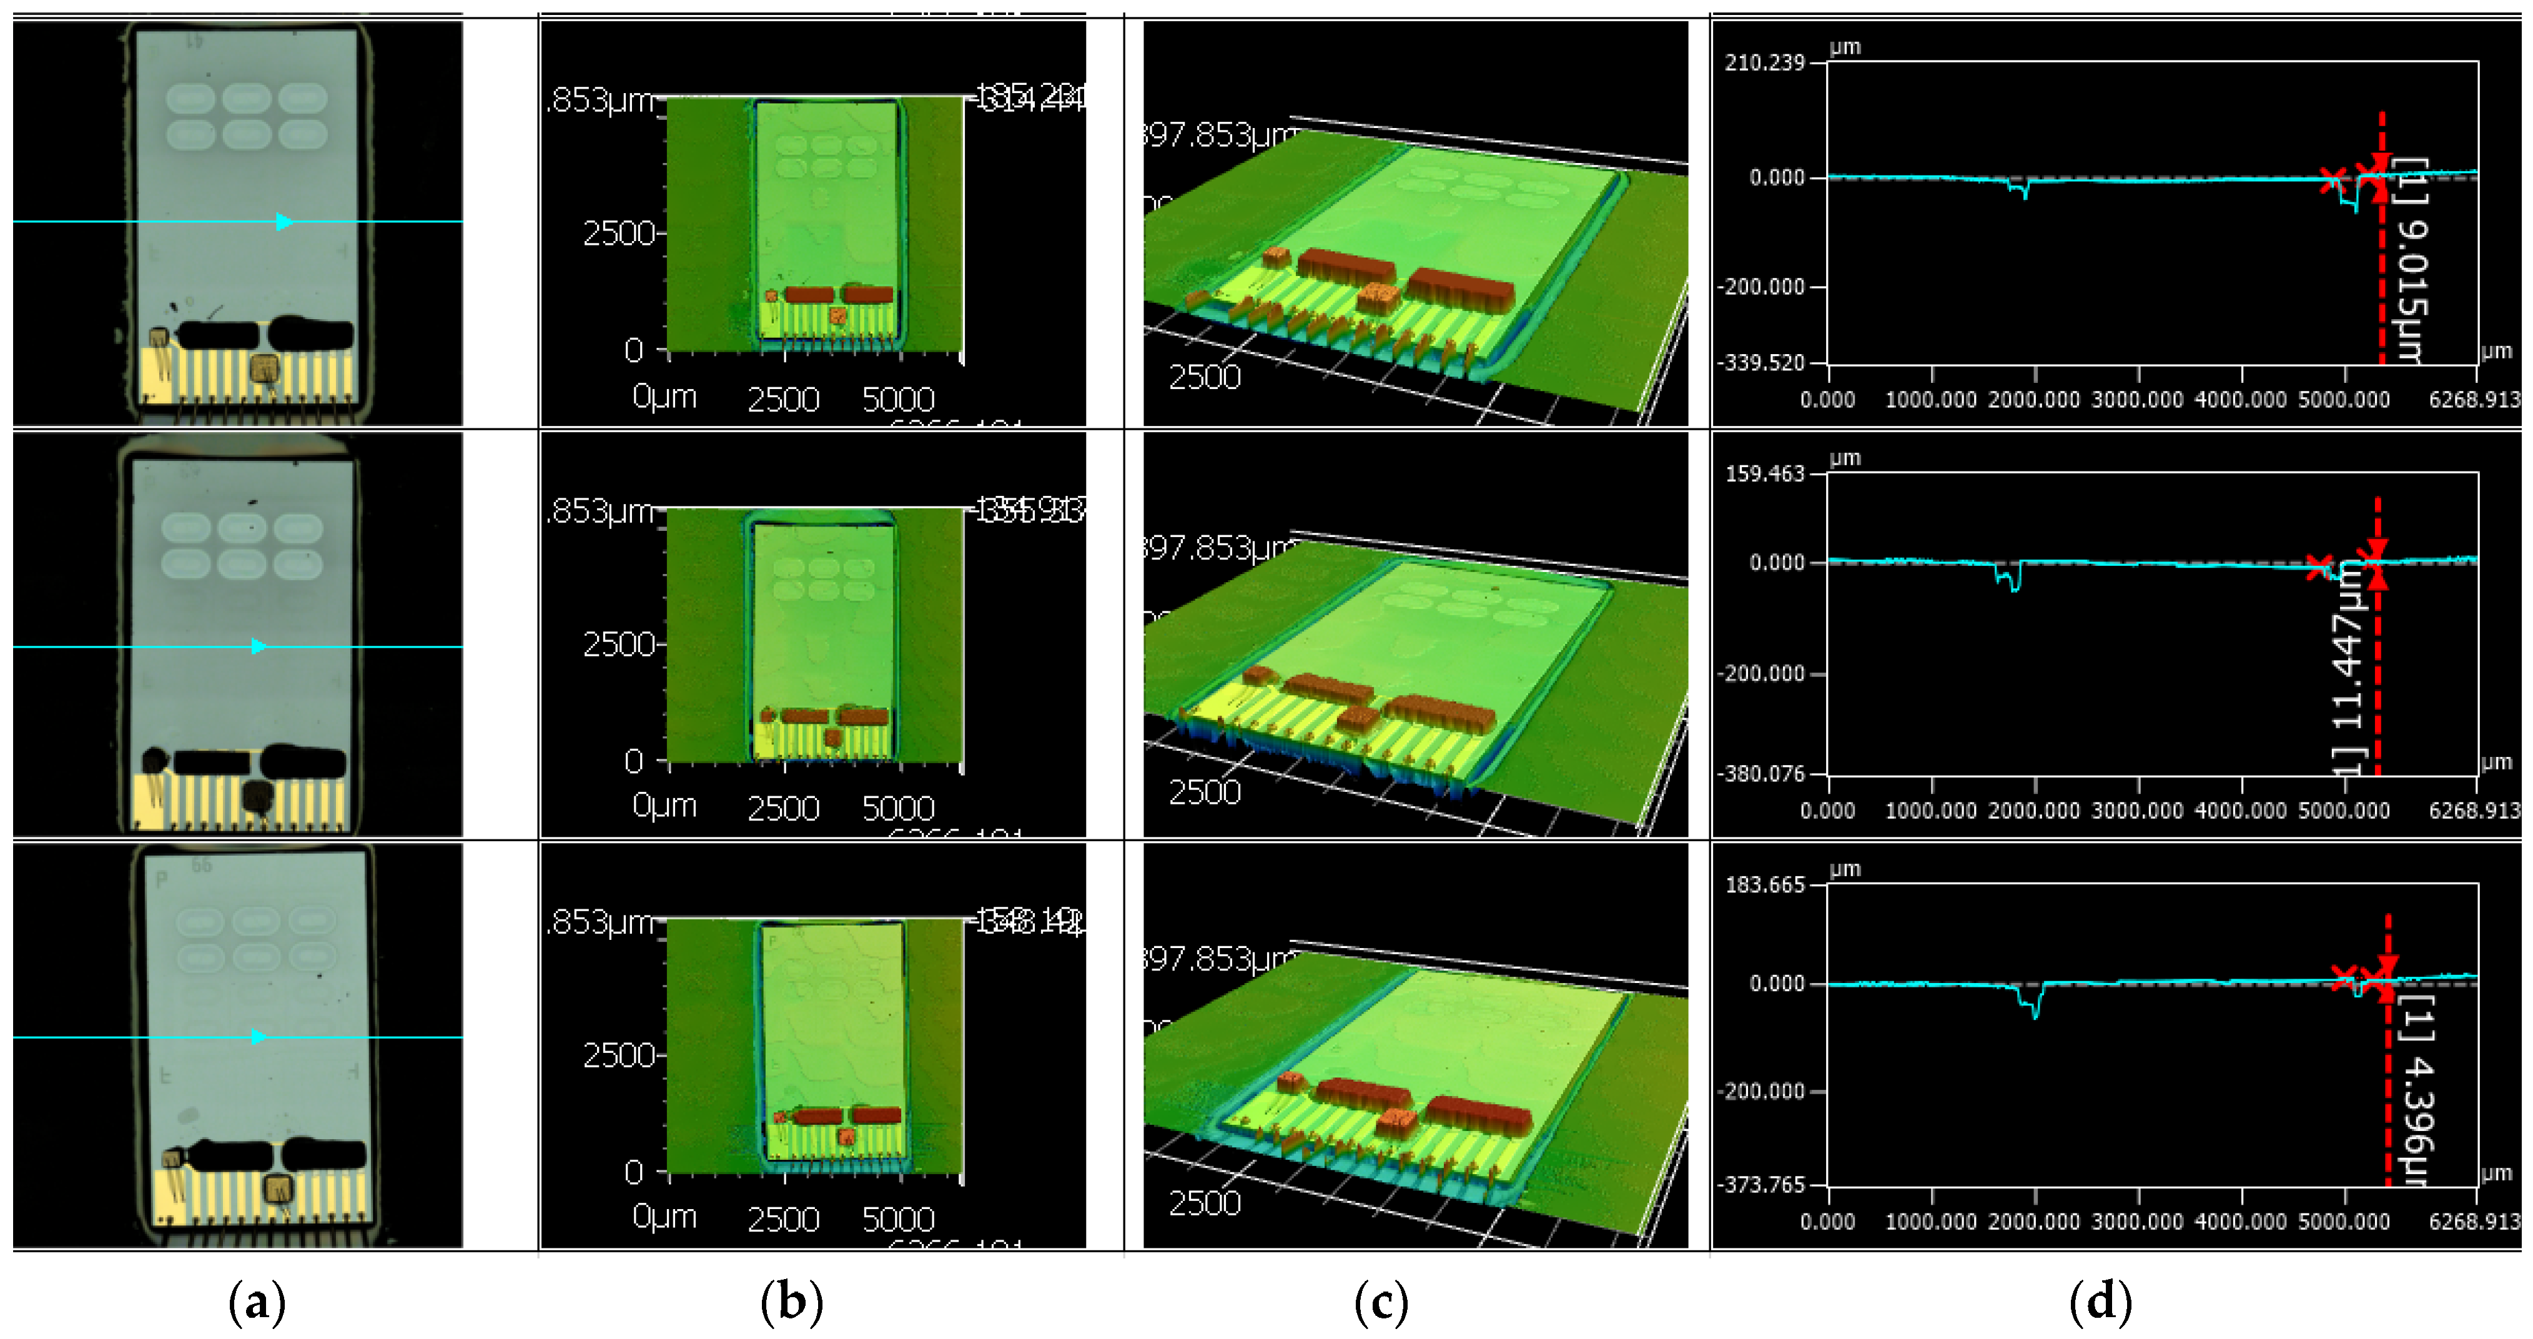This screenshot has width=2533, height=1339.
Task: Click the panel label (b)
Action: tap(792, 1303)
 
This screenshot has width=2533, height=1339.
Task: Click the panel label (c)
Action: tap(1381, 1303)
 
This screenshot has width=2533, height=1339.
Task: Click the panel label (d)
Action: tap(2100, 1303)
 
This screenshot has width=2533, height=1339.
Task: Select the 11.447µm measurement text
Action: tap(2347, 668)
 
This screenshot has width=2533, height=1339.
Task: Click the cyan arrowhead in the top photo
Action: tap(283, 222)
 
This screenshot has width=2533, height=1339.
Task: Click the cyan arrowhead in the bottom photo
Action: tap(259, 1037)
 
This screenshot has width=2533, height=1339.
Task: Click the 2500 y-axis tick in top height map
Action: tap(618, 234)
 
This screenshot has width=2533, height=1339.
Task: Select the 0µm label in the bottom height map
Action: tap(664, 1217)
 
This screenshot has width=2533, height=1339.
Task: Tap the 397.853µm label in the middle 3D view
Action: tap(1219, 548)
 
